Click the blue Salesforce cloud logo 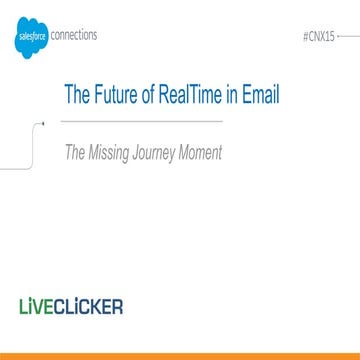point(30,39)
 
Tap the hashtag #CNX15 point(316,33)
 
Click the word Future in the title point(118,96)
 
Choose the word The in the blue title point(78,96)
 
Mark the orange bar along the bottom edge point(180,355)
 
